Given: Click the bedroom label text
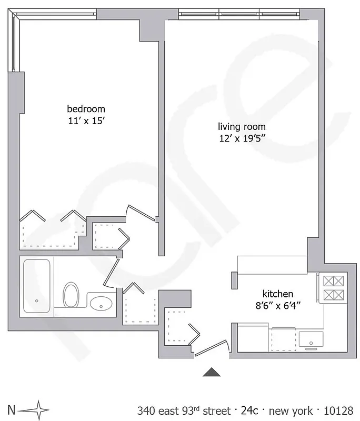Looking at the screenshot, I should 86,109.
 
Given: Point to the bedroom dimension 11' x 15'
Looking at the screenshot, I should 86,120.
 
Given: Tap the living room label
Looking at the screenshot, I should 242,127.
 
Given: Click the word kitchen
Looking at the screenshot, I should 278,294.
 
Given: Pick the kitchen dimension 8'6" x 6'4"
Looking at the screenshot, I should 278,305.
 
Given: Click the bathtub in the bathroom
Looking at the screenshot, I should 37,286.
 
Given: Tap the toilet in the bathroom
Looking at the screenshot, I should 70,295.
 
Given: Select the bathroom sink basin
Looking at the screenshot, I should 101,304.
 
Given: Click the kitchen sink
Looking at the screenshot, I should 311,340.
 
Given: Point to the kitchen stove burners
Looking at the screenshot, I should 333,288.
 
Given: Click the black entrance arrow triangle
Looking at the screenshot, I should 212,372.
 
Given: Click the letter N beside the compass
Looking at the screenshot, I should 11,409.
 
